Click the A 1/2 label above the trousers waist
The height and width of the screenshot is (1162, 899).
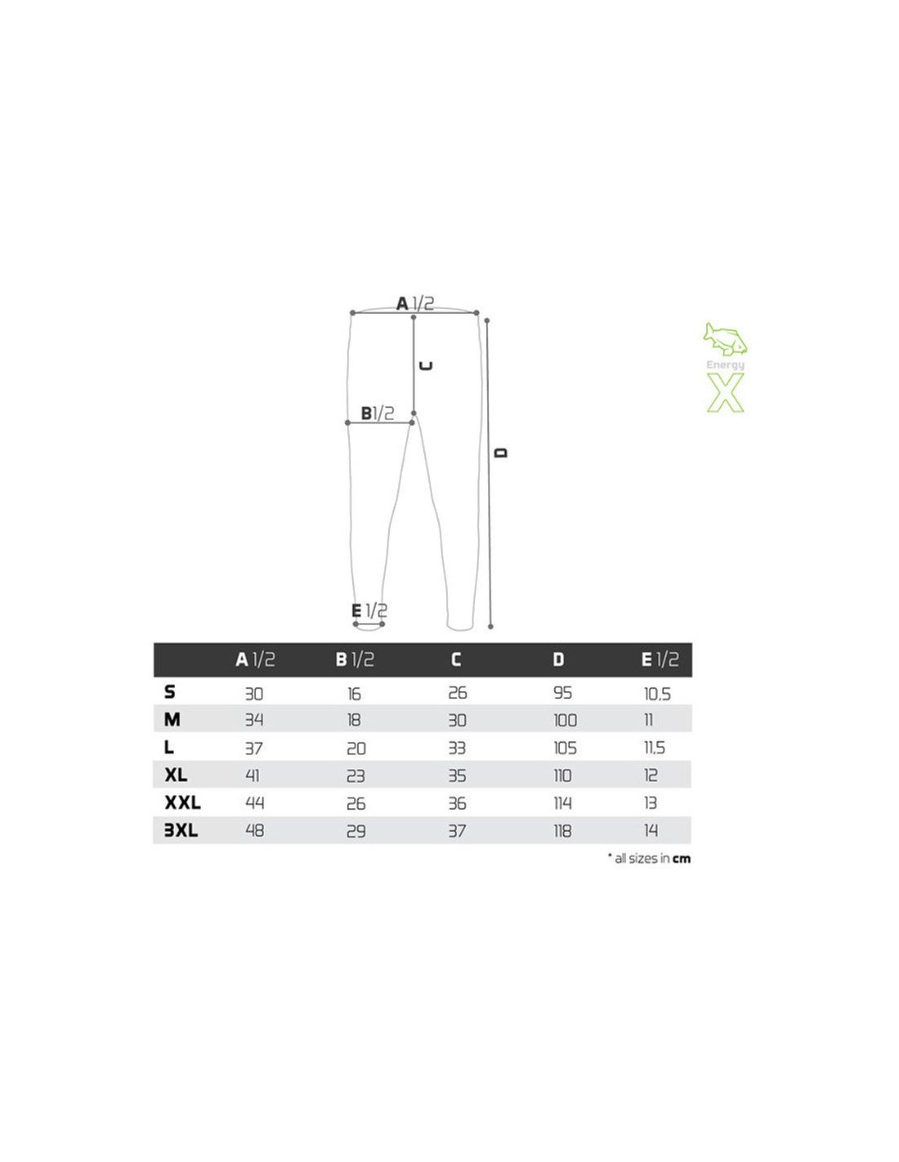click(x=414, y=303)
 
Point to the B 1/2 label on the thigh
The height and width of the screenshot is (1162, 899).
click(x=377, y=413)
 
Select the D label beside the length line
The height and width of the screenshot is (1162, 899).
click(x=500, y=453)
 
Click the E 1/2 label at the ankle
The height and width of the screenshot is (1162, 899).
click(x=369, y=610)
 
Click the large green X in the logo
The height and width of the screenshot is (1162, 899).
click(x=725, y=392)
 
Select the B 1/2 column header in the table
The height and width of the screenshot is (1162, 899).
click(x=355, y=659)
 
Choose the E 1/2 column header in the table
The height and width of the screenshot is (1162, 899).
click(x=660, y=659)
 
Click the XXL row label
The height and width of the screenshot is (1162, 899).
click(x=182, y=802)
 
